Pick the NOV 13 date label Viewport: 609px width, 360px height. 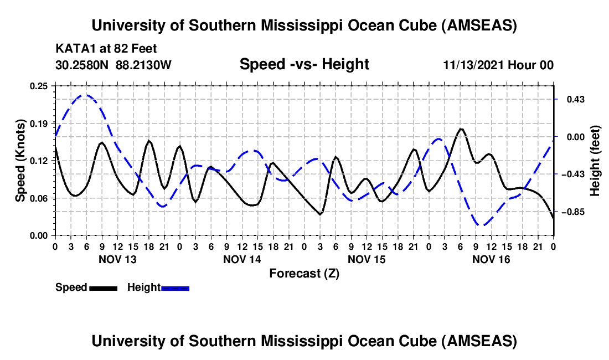(x=117, y=259)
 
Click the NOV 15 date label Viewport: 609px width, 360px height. (x=366, y=259)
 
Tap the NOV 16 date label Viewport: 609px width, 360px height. (x=491, y=259)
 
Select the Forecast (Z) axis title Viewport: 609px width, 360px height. (x=304, y=273)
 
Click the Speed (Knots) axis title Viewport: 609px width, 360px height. (x=20, y=161)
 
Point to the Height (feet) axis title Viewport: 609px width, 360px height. (x=595, y=161)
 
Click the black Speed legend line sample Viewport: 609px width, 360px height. (x=103, y=287)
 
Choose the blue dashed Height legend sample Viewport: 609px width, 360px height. (x=176, y=287)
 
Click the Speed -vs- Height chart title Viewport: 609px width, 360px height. (x=304, y=64)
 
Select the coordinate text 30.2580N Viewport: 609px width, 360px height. (x=82, y=65)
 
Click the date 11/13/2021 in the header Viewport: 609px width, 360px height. (x=476, y=65)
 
